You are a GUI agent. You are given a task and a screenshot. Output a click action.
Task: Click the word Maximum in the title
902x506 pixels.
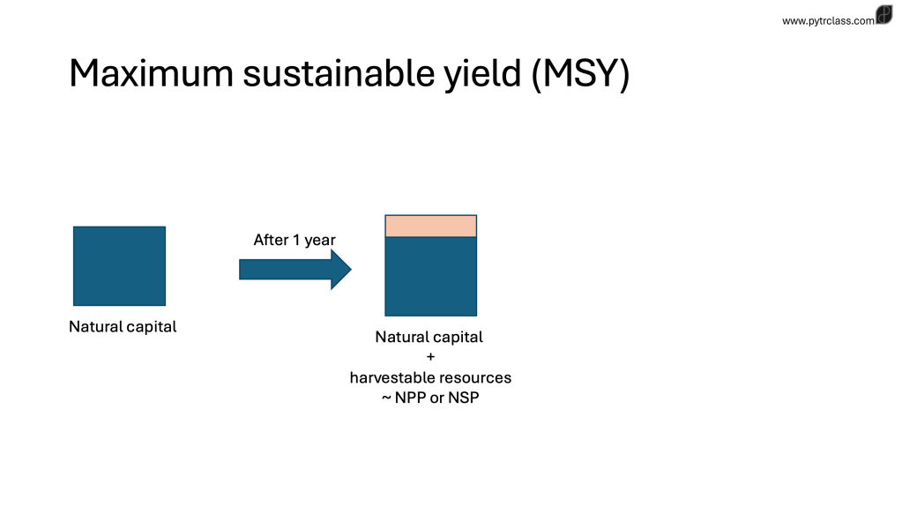(x=152, y=73)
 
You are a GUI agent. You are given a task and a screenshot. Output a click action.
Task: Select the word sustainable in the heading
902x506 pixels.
(x=339, y=73)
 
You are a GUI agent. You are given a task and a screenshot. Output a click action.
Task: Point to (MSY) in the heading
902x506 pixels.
(x=580, y=74)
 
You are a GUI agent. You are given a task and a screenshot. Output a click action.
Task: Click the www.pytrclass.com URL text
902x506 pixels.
(x=828, y=20)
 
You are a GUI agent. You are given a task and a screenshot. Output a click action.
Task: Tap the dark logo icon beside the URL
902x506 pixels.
(x=884, y=14)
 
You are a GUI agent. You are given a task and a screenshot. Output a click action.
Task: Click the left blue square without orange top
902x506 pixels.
(x=120, y=266)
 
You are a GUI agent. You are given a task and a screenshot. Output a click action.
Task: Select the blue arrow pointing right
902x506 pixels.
(x=295, y=269)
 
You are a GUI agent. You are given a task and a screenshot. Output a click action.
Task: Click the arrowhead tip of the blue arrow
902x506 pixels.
(x=351, y=269)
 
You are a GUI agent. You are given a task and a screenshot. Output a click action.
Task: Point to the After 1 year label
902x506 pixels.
(x=294, y=240)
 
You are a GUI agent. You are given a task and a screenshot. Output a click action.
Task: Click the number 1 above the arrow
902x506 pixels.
(x=296, y=239)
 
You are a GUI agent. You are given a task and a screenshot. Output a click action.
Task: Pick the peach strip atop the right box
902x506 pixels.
(x=431, y=226)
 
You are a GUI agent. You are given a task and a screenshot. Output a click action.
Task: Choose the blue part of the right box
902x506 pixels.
(x=431, y=276)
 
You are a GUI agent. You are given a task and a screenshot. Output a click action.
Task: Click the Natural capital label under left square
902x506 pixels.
(x=123, y=326)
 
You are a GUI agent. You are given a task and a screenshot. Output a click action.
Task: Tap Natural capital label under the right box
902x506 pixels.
(x=429, y=337)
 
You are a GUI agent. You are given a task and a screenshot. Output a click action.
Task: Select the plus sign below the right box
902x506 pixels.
(x=431, y=356)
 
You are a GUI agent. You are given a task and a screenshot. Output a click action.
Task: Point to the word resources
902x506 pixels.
(x=474, y=378)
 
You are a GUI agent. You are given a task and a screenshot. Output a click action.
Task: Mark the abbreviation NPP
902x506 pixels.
(x=410, y=398)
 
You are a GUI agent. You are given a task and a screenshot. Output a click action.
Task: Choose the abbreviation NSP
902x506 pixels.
(x=464, y=398)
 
